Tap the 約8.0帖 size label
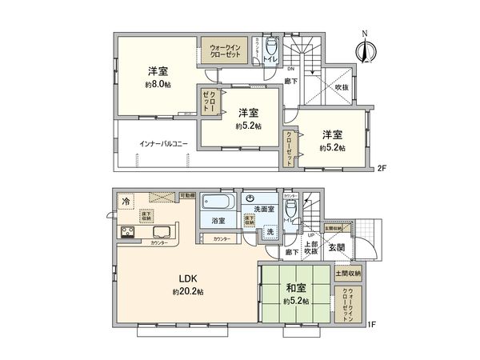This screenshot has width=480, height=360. click(x=158, y=85)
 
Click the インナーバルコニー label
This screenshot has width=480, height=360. click(x=163, y=144)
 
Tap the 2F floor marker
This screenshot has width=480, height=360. click(x=382, y=168)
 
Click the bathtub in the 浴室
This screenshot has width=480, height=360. click(x=216, y=201)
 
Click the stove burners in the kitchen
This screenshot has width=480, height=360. click(x=127, y=233)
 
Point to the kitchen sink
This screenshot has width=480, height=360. click(x=158, y=233)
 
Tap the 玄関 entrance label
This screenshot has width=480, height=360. click(x=337, y=248)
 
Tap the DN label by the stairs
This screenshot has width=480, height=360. click(x=279, y=69)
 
